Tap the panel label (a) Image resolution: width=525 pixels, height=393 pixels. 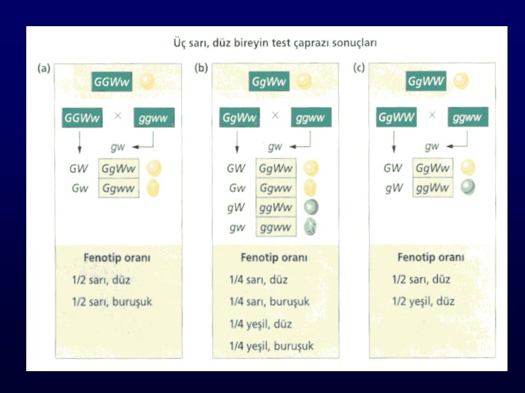pyautogui.click(x=44, y=69)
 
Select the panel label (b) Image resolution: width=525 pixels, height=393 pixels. pyautogui.click(x=201, y=69)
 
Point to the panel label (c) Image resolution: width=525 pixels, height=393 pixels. pyautogui.click(x=359, y=69)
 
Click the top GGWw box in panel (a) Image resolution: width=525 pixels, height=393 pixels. pyautogui.click(x=112, y=82)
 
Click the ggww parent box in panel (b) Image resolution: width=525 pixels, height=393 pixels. pyautogui.click(x=311, y=117)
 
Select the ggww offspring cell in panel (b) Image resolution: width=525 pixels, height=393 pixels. pyautogui.click(x=275, y=227)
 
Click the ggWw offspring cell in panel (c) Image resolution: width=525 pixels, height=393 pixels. pyautogui.click(x=432, y=188)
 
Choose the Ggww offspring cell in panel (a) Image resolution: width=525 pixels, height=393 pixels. pyautogui.click(x=118, y=188)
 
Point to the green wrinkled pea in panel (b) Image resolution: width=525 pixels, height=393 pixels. pyautogui.click(x=311, y=227)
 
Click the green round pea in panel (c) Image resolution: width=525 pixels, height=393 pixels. pyautogui.click(x=467, y=188)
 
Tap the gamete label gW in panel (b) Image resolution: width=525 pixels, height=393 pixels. pyautogui.click(x=235, y=207)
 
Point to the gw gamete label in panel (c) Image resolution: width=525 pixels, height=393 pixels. pyautogui.click(x=432, y=146)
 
